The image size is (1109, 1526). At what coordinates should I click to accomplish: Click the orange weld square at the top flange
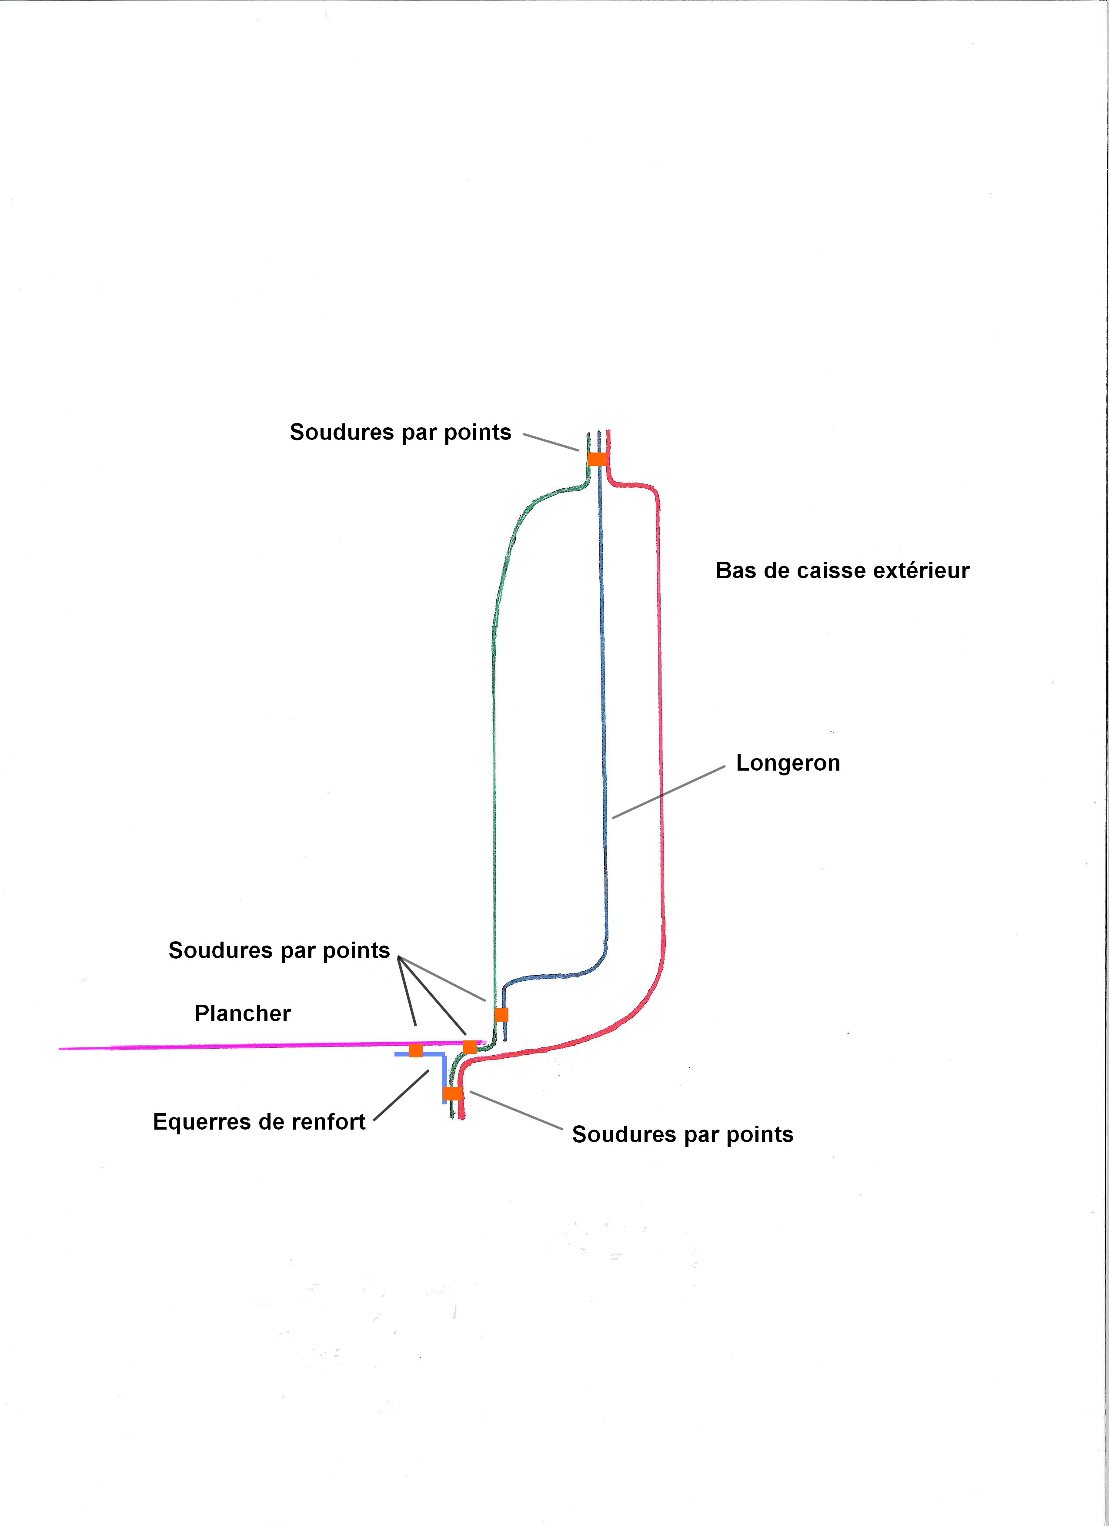597,459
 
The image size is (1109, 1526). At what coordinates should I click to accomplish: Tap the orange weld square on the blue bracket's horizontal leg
416,1050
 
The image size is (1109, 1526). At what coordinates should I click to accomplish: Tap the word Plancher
243,1013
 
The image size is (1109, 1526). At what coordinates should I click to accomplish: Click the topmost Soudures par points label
400,432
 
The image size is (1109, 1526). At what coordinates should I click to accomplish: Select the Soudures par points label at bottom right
683,1134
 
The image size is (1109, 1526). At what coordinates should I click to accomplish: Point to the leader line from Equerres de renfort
401,1095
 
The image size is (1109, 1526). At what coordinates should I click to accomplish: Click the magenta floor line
272,1046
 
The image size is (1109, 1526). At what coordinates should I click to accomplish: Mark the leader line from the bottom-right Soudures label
516,1110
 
